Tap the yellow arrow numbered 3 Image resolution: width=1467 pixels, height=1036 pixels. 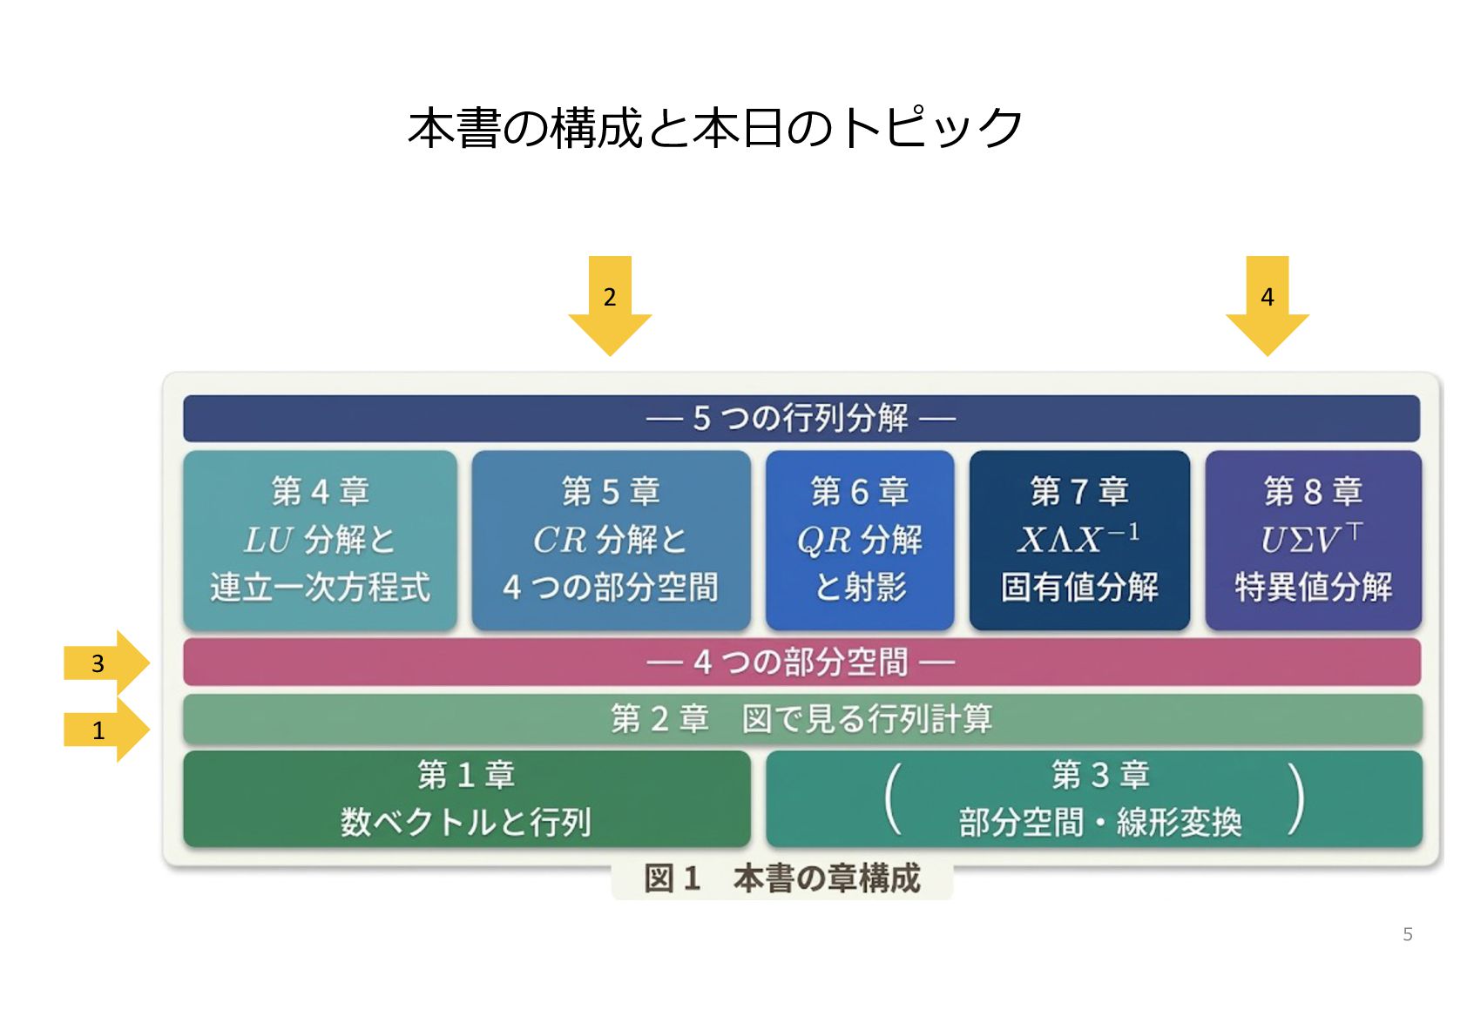[x=107, y=663]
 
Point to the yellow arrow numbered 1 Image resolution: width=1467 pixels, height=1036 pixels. [x=107, y=730]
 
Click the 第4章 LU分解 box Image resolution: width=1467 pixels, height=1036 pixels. [x=321, y=540]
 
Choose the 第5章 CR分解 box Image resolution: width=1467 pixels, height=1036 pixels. [x=611, y=540]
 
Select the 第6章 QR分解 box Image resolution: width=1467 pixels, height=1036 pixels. [x=860, y=540]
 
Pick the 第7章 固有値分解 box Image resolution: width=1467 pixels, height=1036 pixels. [x=1079, y=540]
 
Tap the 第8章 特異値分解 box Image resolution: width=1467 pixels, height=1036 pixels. [x=1313, y=540]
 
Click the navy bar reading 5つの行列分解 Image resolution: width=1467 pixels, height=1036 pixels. [x=801, y=418]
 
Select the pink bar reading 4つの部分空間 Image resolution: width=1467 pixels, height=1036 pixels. [x=801, y=663]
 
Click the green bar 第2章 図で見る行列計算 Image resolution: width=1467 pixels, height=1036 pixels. [x=802, y=719]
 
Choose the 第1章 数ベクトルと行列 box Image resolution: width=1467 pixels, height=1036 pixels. [x=467, y=798]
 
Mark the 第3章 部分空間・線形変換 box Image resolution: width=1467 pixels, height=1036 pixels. [x=1094, y=798]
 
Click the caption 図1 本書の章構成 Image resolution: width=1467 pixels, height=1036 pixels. [x=782, y=878]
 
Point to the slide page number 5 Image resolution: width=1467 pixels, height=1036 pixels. [x=1408, y=934]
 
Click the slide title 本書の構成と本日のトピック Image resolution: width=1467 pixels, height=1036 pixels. [x=714, y=128]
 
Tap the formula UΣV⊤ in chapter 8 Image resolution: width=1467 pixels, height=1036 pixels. [x=1312, y=539]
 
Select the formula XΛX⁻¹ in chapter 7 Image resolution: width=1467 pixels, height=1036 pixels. [x=1078, y=539]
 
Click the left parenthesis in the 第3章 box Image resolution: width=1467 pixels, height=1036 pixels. [x=892, y=798]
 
